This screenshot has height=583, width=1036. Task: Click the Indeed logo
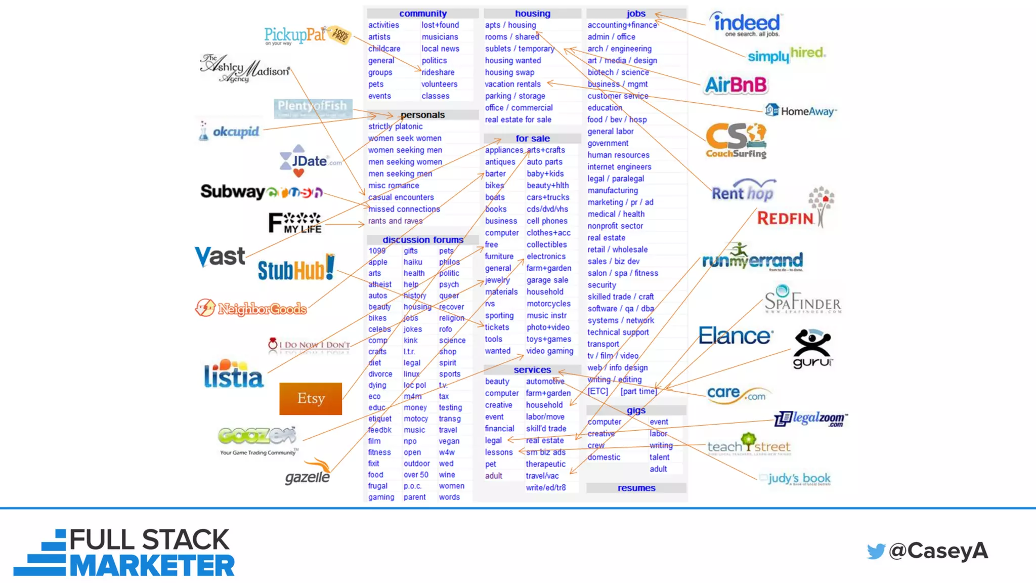(x=746, y=24)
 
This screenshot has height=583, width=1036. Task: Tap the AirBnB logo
(x=736, y=85)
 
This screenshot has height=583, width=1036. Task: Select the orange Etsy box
(x=311, y=399)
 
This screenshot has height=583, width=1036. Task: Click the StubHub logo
(x=296, y=269)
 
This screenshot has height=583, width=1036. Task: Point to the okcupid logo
(x=230, y=132)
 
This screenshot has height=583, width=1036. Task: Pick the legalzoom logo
(x=811, y=419)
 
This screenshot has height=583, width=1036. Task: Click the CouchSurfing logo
(x=736, y=141)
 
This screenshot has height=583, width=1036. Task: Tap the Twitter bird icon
(x=876, y=551)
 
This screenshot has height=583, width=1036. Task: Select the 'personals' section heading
(x=422, y=115)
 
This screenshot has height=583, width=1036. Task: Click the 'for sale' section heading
(x=533, y=138)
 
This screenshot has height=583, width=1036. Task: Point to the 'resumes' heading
(x=636, y=488)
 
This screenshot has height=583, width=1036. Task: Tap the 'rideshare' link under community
(x=438, y=72)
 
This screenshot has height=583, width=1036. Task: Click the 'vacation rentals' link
(x=512, y=84)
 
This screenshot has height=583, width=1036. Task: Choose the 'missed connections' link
(x=404, y=209)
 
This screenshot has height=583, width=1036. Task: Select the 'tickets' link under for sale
(x=497, y=327)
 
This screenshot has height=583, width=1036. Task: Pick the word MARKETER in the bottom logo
(x=152, y=566)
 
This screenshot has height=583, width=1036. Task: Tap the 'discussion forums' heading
(x=423, y=239)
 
